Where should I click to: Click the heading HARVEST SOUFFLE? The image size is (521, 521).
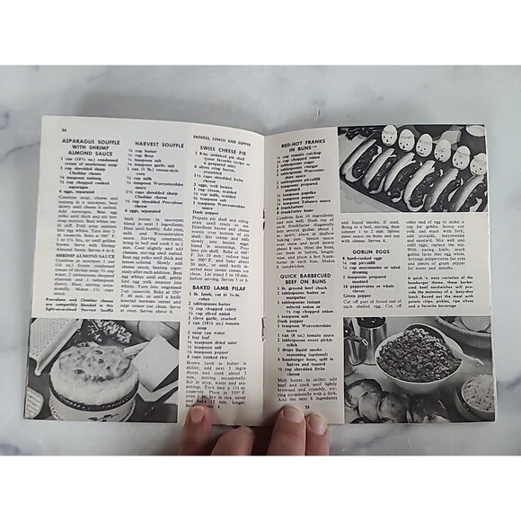pos(159,143)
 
